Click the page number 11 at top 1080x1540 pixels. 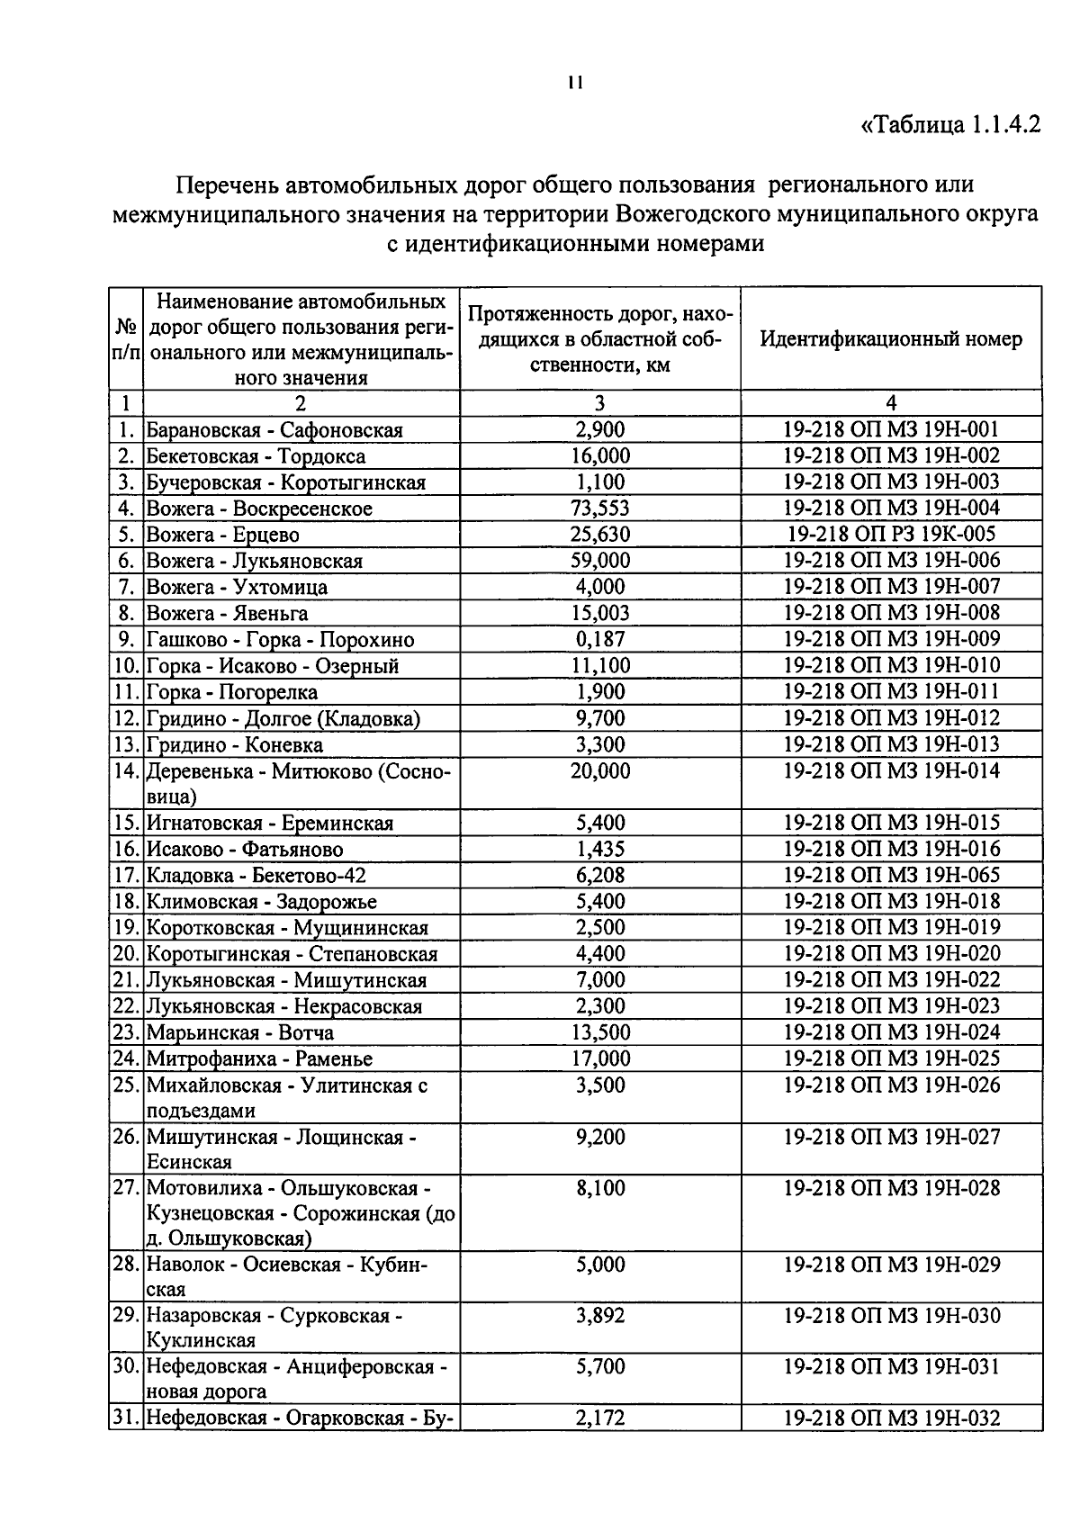click(x=576, y=83)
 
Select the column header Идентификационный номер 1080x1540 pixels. click(x=891, y=339)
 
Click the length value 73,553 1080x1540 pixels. click(x=600, y=509)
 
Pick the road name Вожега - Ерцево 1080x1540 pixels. click(x=223, y=535)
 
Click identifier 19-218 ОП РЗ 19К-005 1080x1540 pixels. click(x=891, y=535)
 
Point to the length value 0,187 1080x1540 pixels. click(x=600, y=640)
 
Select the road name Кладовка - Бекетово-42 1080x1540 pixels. click(x=256, y=876)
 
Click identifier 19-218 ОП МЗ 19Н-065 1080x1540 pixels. click(x=891, y=875)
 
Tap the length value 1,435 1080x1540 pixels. click(x=600, y=849)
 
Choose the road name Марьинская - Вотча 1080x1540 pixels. click(x=240, y=1032)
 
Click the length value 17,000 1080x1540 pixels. click(x=600, y=1058)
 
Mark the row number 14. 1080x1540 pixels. click(x=126, y=771)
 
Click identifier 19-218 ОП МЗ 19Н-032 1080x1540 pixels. click(x=891, y=1419)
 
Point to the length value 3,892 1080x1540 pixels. click(x=600, y=1316)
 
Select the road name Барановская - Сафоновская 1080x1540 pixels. click(x=274, y=430)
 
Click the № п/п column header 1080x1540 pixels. click(x=126, y=339)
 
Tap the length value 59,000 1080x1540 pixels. click(x=600, y=561)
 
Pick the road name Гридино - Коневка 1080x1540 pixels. click(x=235, y=745)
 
